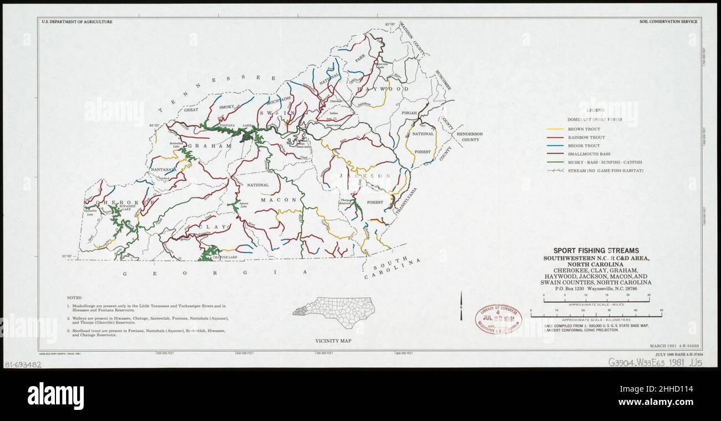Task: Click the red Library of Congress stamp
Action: (x=497, y=319)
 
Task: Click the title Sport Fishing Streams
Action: (x=596, y=251)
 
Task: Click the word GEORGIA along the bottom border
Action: (x=214, y=273)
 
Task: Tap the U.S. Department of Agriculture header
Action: (x=77, y=22)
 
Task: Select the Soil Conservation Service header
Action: (x=668, y=22)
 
